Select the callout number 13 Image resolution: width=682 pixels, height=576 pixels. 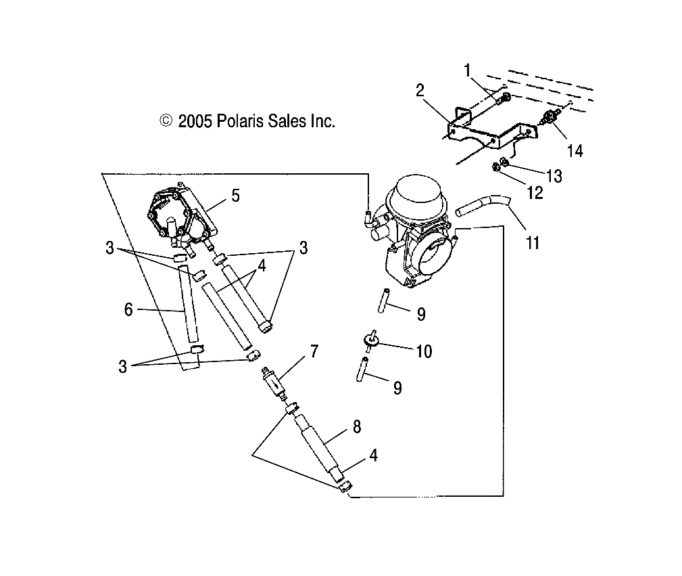(x=554, y=176)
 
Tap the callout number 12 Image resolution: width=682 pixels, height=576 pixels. (x=534, y=193)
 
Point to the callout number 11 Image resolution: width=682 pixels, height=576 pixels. (x=533, y=242)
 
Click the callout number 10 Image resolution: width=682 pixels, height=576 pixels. (x=423, y=351)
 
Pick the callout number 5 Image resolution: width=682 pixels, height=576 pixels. (x=235, y=196)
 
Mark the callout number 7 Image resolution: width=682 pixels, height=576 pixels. (x=314, y=351)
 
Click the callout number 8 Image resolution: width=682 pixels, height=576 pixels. (x=356, y=426)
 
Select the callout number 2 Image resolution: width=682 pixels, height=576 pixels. (x=420, y=91)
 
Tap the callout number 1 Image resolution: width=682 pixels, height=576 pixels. (x=467, y=69)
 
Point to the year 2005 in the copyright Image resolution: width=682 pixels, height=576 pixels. (x=196, y=121)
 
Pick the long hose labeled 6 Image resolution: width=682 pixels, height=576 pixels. (x=189, y=305)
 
